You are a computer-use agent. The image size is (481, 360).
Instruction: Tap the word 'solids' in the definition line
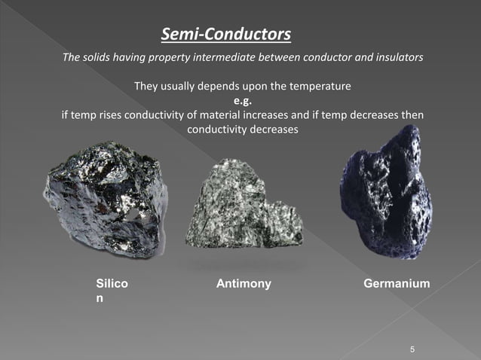101,59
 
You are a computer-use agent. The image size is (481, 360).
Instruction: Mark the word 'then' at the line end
411,115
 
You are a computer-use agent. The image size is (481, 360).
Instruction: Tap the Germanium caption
397,284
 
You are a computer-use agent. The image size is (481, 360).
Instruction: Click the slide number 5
412,349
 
